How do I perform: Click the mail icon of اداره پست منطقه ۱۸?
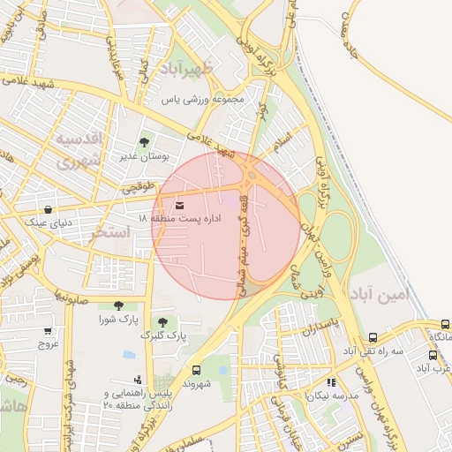point(180,205)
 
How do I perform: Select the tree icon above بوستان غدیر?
point(144,142)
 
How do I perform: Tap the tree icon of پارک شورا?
point(118,305)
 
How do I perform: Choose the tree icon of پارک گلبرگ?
point(162,321)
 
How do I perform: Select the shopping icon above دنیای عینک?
point(47,210)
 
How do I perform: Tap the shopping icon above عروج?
point(47,331)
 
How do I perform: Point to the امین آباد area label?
point(380,295)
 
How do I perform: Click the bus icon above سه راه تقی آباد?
point(373,337)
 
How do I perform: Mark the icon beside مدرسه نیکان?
point(331,383)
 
